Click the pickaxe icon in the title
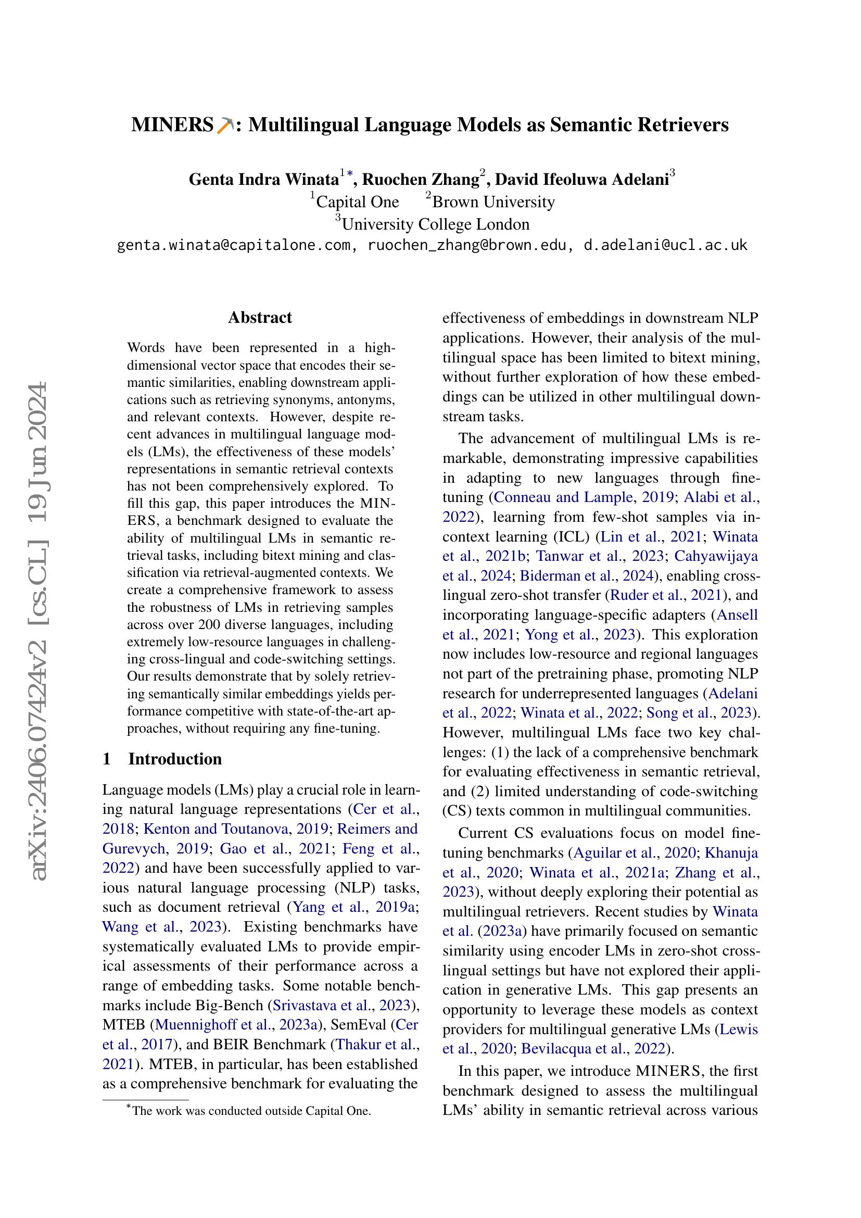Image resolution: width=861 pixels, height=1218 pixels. pos(225,124)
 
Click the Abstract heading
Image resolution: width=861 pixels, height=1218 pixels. pos(260,317)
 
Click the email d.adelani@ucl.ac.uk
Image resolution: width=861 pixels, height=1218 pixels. pos(665,245)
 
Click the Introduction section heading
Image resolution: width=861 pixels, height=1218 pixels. pos(174,759)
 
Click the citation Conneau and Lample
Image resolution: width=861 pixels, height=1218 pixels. pos(564,497)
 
